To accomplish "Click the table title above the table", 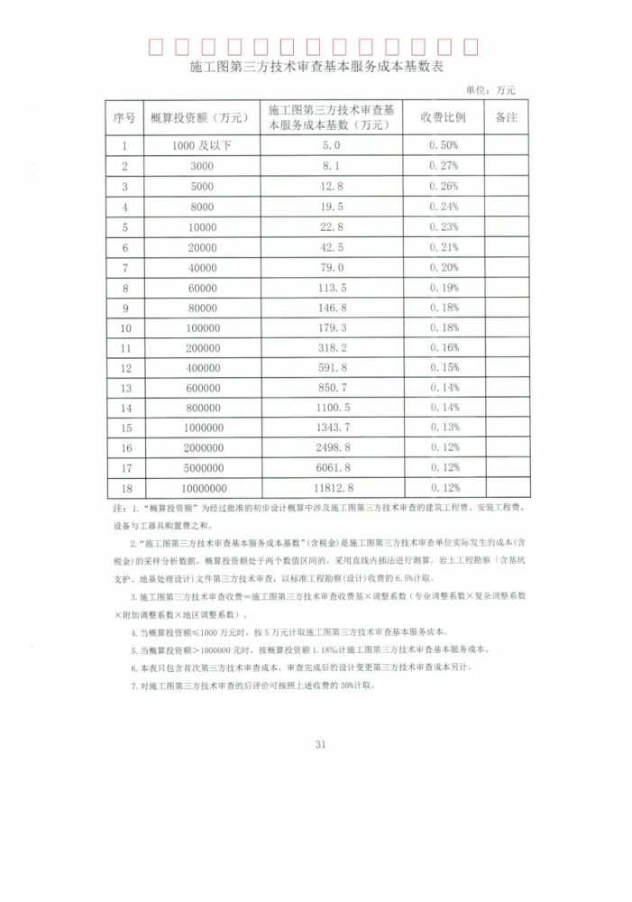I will coord(316,69).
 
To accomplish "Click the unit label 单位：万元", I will coord(490,90).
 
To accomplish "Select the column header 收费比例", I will coord(444,118).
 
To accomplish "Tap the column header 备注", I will coord(507,118).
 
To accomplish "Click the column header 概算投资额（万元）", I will coord(202,118).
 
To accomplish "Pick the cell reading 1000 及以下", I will coord(202,145).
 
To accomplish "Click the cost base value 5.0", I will coord(331,145).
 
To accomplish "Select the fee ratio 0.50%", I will coord(444,145).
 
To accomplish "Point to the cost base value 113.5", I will coord(331,289).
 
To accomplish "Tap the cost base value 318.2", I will coord(331,348).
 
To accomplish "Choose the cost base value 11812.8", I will coord(331,489).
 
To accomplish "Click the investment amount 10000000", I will coord(202,489).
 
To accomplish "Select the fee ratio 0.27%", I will coord(444,166).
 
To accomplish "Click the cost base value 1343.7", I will coord(331,428).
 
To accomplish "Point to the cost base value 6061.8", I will coord(331,468).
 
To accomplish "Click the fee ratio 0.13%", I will coord(444,428).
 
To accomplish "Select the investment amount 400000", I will coord(202,368).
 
